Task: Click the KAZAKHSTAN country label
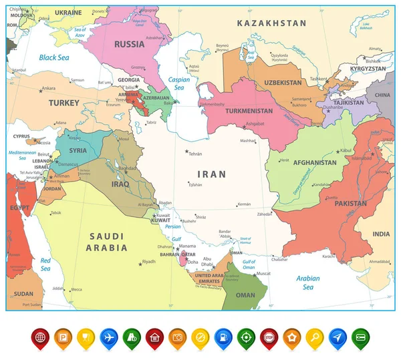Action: (271, 23)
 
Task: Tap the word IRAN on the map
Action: (212, 174)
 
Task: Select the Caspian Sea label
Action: (178, 83)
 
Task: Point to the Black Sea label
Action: (53, 57)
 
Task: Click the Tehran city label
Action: (195, 154)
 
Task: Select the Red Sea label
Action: (45, 264)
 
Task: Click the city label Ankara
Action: (48, 88)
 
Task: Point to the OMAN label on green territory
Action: (246, 295)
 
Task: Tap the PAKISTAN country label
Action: (351, 203)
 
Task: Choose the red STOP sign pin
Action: (268, 337)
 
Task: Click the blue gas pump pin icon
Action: (222, 337)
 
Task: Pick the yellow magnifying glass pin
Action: (314, 337)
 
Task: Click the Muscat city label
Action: (264, 273)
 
